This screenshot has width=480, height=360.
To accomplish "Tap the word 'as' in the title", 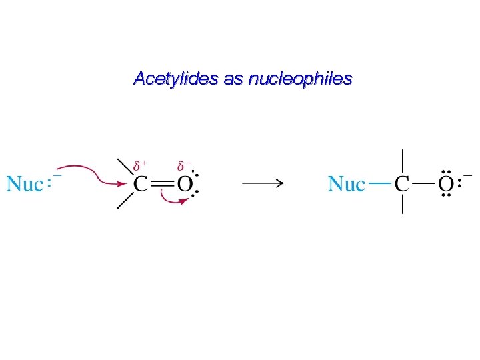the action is coord(233,79).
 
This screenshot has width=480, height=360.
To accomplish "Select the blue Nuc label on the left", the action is coord(25,184).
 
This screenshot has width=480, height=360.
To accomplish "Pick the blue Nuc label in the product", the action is coord(347,184).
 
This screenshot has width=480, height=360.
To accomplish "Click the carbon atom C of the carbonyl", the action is coord(141,184).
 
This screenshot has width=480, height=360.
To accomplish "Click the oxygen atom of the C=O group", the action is coord(185,184).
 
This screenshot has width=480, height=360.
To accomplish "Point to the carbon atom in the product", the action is coord(402,184).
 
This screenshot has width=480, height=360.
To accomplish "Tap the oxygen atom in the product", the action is coord(447,184).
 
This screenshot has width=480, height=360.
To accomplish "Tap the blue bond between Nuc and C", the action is coord(379,183).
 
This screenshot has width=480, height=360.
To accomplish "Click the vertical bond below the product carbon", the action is coord(402,204).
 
